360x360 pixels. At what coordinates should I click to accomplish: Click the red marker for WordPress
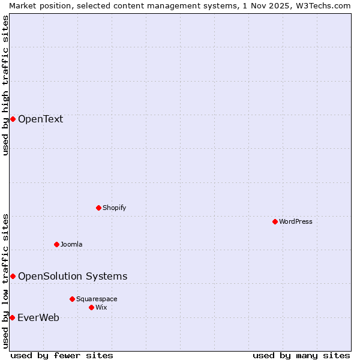[275, 221]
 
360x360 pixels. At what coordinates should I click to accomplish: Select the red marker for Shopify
[98, 208]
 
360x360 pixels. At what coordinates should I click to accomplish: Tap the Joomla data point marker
[56, 244]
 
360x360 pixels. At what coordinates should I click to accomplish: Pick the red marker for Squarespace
[72, 299]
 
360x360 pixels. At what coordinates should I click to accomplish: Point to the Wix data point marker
[91, 307]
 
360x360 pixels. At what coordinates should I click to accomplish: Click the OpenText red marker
[13, 119]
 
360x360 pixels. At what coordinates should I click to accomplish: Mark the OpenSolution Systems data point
[13, 276]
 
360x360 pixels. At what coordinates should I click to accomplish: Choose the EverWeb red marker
[12, 317]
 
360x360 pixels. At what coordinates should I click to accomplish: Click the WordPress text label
[296, 221]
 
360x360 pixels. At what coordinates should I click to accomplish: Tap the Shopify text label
[114, 208]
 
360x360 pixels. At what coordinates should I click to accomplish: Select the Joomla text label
[71, 244]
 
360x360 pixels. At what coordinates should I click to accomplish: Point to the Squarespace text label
[97, 299]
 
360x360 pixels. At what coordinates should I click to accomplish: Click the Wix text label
[101, 307]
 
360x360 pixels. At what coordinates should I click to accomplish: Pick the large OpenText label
[40, 119]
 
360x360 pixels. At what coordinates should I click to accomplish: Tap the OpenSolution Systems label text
[73, 276]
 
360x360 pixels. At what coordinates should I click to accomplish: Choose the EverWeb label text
[38, 317]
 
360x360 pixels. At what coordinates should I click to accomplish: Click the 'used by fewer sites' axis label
[62, 355]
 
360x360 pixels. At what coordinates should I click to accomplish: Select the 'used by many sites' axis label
[301, 355]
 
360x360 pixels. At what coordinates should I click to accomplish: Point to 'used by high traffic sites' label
[5, 85]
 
